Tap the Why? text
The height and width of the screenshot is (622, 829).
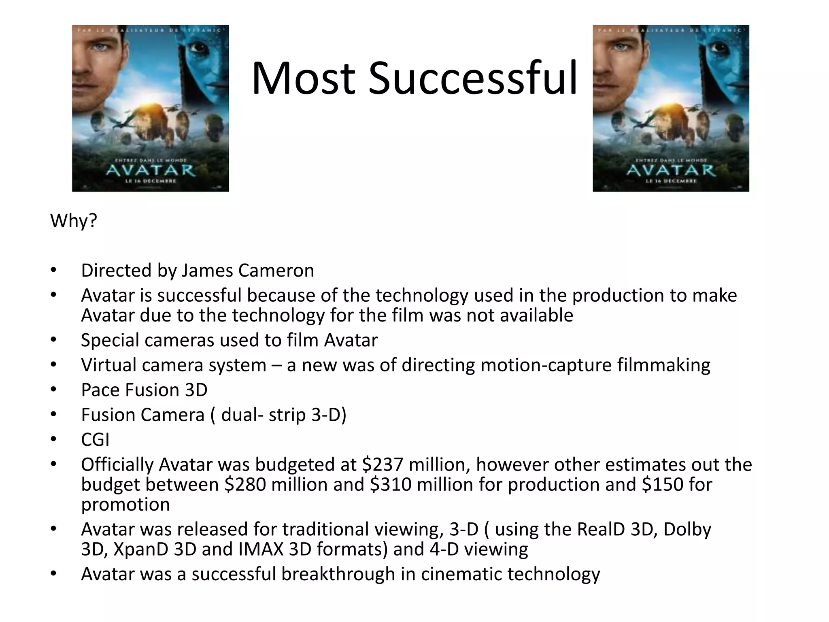click(73, 221)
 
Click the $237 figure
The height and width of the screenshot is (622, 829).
click(383, 464)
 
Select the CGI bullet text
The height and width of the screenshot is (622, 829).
click(95, 440)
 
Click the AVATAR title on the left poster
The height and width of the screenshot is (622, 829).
click(150, 170)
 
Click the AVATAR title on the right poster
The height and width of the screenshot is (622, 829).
click(671, 170)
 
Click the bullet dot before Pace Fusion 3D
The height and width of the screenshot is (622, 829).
click(53, 390)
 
